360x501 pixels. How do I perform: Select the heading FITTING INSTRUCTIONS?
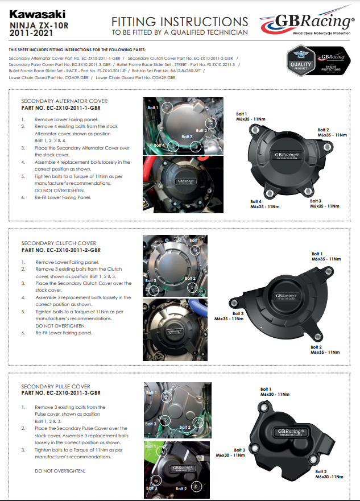tap(180, 22)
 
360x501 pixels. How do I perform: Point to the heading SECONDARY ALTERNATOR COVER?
tap(64, 101)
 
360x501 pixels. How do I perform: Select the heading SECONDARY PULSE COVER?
tap(56, 386)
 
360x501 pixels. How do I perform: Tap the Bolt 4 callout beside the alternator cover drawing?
tap(264, 204)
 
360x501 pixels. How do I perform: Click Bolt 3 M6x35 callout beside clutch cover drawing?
tap(229, 316)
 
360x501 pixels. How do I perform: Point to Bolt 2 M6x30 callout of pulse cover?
tap(329, 475)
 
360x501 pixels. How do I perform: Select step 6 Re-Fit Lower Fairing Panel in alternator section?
tap(63, 197)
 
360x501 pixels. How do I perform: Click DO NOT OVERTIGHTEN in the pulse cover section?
tap(60, 471)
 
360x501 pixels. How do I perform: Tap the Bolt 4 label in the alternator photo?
tap(159, 145)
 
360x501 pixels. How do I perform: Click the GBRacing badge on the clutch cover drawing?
tap(284, 296)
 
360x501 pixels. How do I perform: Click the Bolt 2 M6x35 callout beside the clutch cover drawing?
tap(325, 350)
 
